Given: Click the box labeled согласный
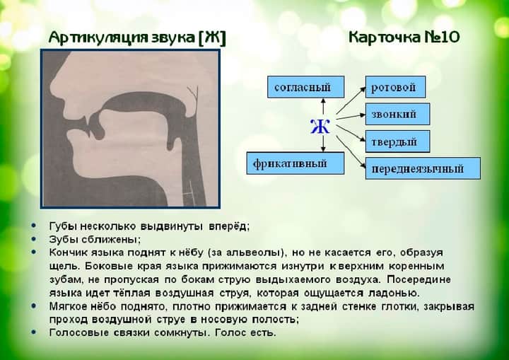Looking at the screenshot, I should [300, 87].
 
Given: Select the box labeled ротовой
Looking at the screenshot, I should [395, 87].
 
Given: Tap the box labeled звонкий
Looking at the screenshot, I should [395, 114].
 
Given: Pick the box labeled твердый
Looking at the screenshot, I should [395, 141].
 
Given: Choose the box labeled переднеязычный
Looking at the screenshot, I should [422, 168].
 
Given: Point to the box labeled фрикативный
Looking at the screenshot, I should [296, 163].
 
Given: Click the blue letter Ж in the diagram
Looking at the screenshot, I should [320, 127].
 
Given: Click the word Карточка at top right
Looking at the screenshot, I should [385, 37].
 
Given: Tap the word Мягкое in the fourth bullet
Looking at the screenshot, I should [68, 306].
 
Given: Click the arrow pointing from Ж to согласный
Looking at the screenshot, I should [322, 107].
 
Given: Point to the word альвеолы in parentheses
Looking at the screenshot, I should [258, 252].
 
